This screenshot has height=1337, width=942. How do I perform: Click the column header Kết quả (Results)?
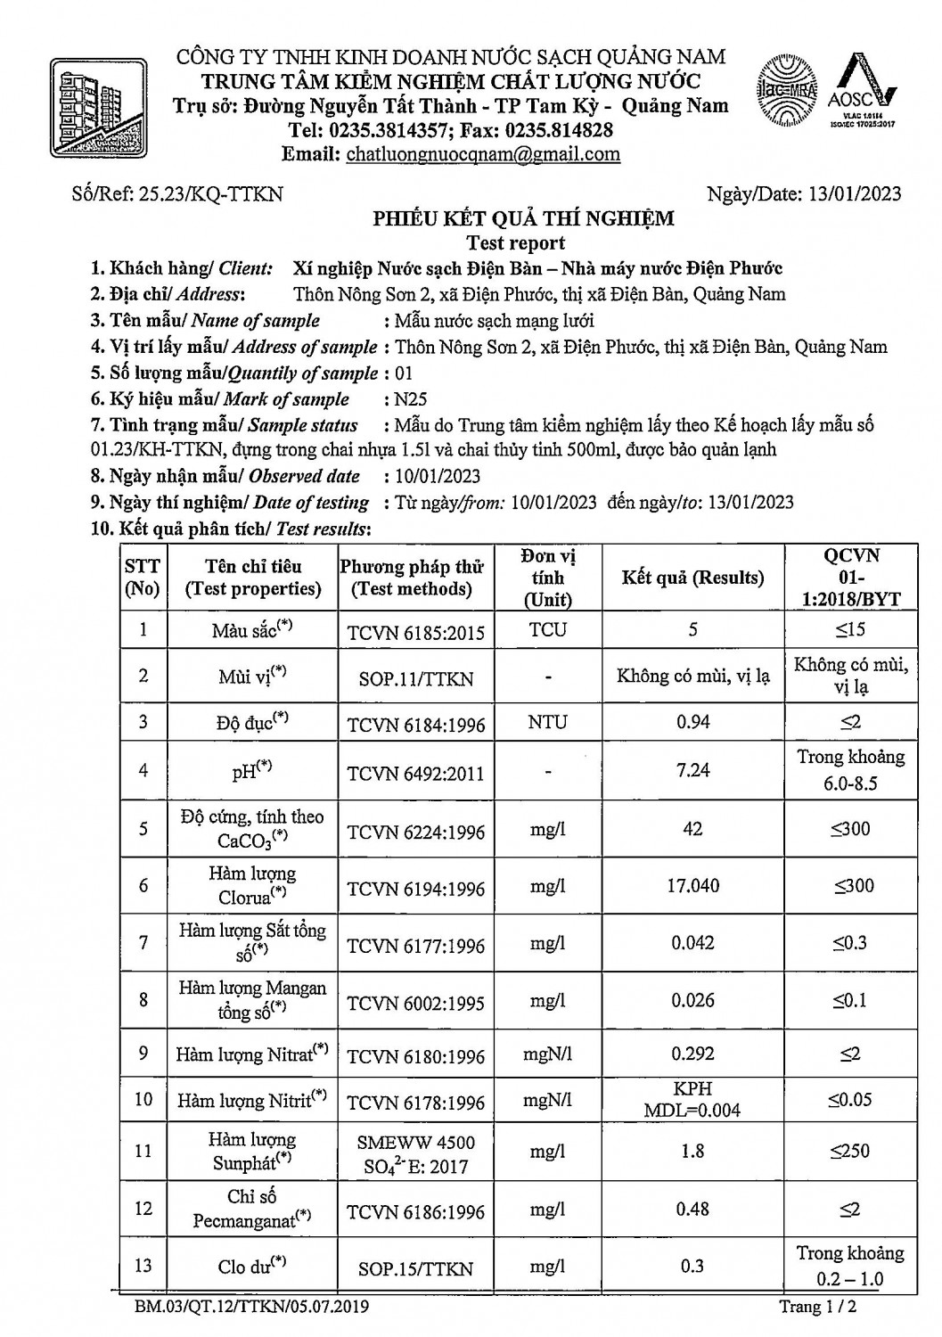pos(692,578)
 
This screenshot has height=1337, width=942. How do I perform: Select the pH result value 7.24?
pos(692,770)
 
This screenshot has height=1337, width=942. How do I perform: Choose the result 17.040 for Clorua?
pos(692,886)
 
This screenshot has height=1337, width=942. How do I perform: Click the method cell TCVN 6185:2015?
pos(415,633)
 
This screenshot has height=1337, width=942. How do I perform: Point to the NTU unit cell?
pos(547,722)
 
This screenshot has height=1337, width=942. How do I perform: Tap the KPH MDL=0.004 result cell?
pos(692,1100)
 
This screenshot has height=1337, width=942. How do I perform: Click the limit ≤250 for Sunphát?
pos(849,1151)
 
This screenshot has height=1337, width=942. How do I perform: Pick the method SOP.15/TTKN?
pos(415,1268)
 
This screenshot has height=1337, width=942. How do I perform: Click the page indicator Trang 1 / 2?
pos(810,1307)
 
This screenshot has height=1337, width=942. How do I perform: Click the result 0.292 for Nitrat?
pos(692,1054)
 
